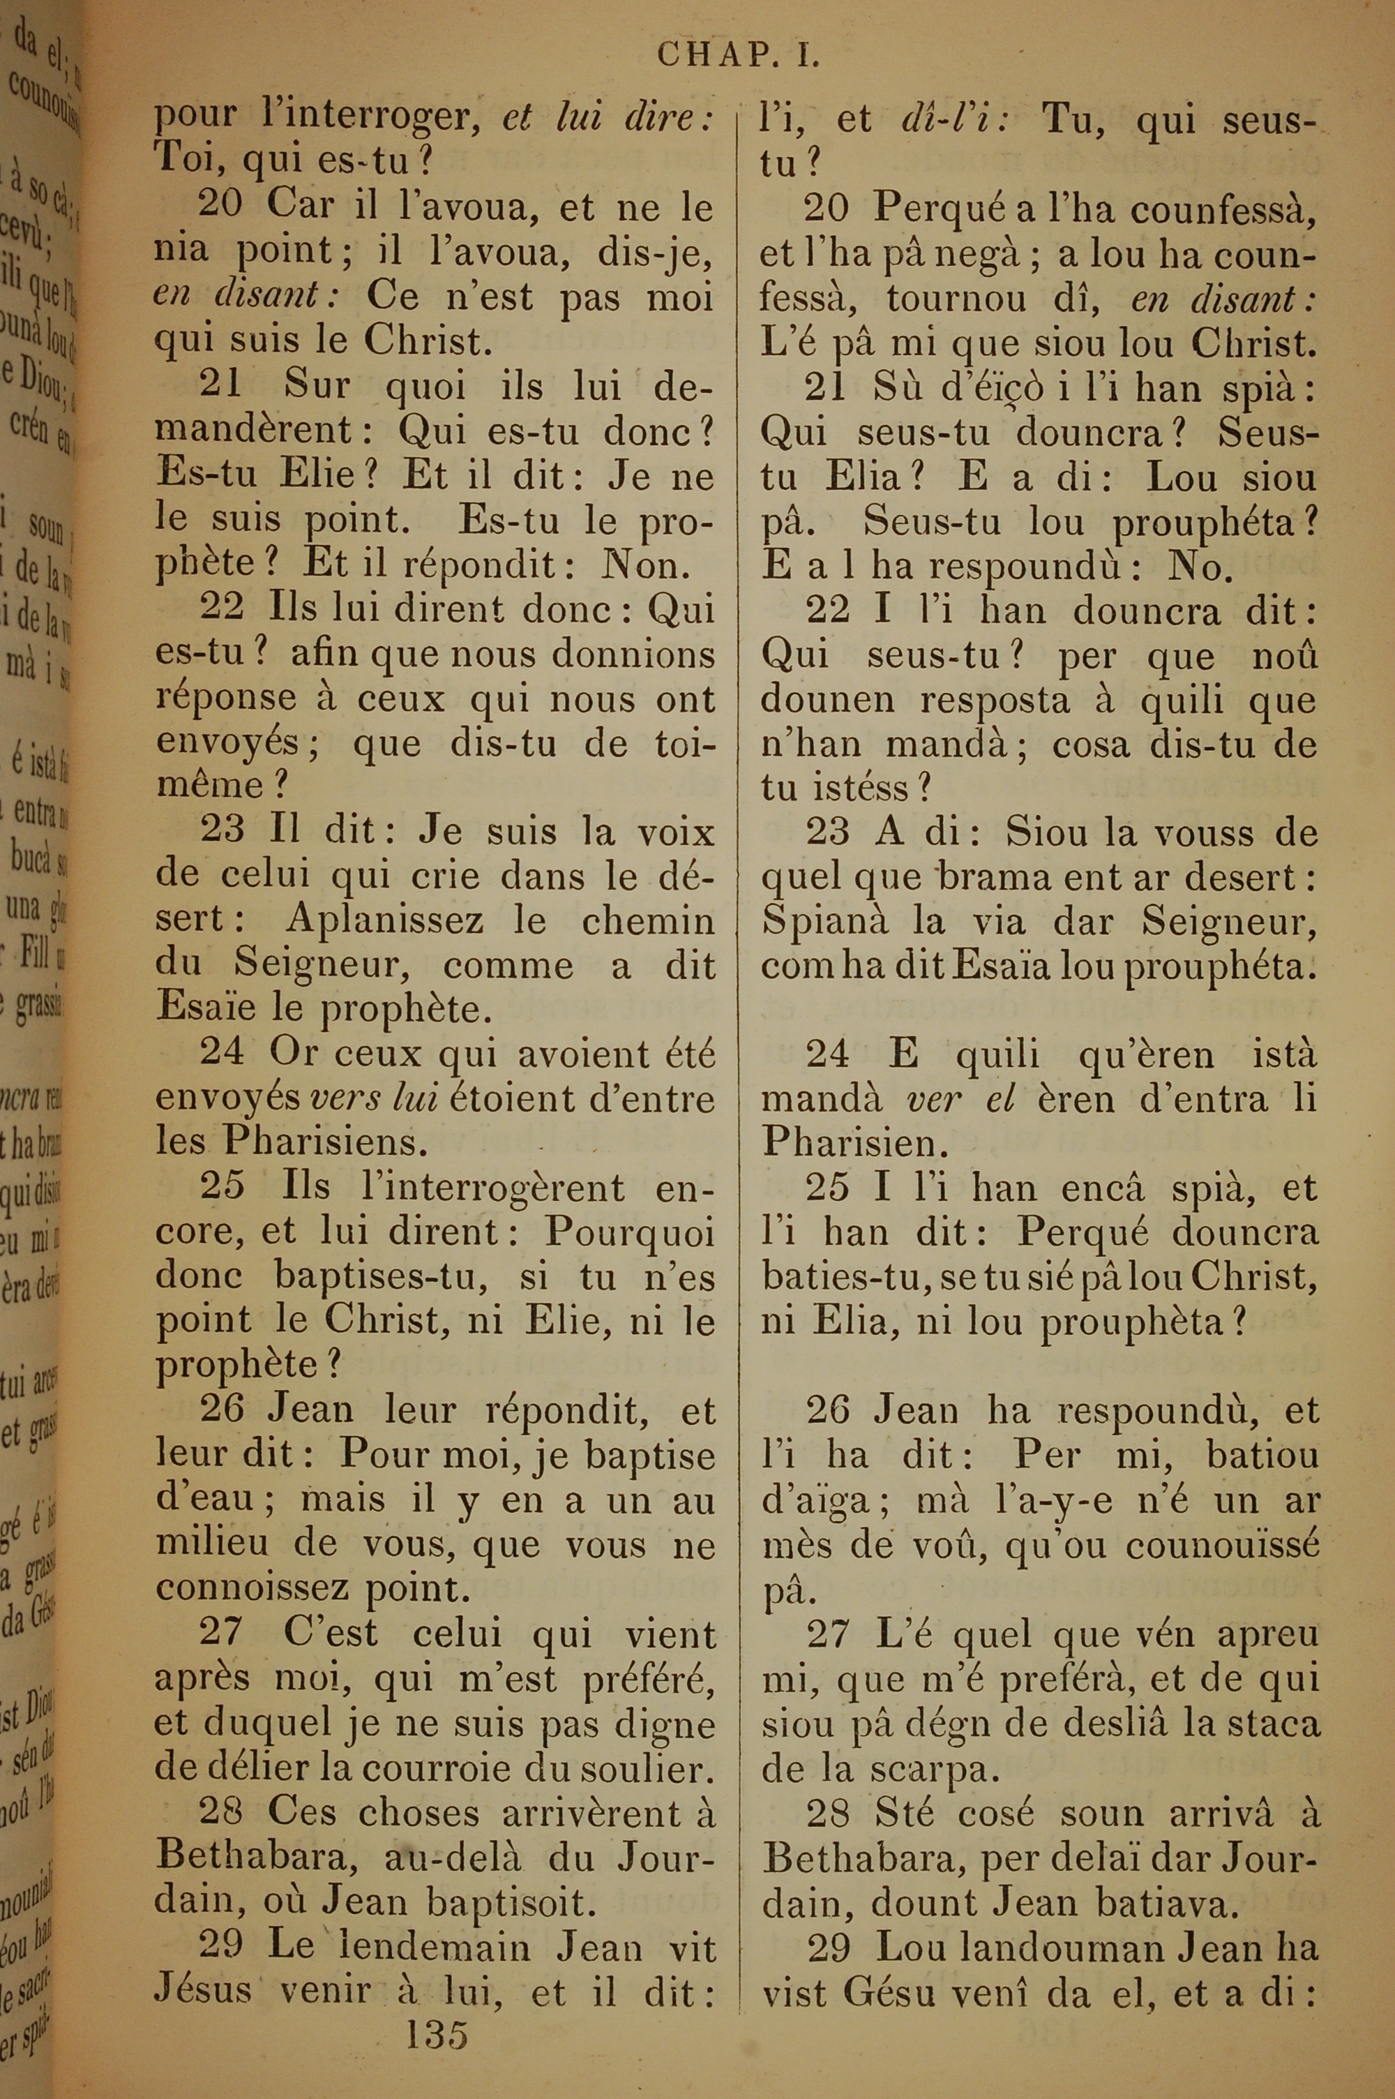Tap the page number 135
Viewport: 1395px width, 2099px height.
[437, 2008]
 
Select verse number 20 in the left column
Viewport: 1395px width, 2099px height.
[220, 206]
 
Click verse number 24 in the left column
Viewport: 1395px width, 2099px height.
[222, 1052]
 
